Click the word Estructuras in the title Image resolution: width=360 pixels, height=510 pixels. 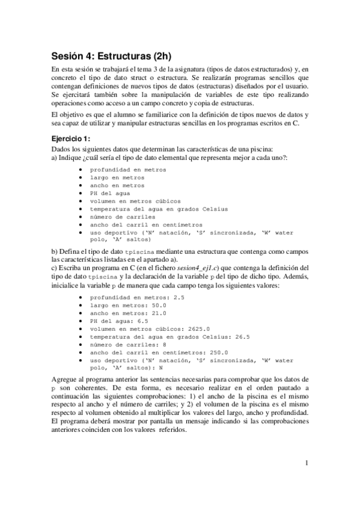click(x=122, y=57)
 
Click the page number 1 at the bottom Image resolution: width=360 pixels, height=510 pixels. click(x=307, y=462)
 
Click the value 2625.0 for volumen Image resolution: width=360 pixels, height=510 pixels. click(x=196, y=328)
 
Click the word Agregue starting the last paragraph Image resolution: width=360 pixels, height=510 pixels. click(x=64, y=381)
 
